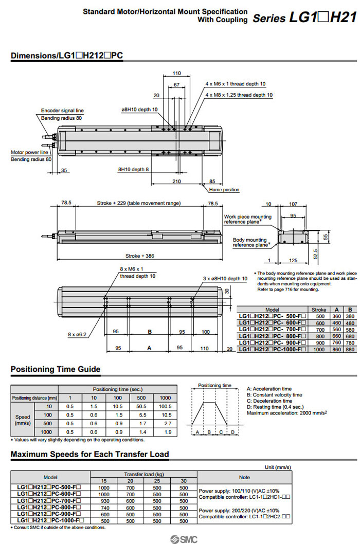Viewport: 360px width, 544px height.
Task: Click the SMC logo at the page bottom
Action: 181,538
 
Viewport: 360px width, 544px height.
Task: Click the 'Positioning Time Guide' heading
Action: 56,369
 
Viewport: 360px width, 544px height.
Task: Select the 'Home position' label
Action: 224,190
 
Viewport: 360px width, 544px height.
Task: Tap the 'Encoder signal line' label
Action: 62,111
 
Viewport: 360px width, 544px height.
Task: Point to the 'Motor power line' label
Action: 30,152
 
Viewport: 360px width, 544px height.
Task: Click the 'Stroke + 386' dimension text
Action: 140,256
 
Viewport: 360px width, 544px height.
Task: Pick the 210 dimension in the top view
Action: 177,182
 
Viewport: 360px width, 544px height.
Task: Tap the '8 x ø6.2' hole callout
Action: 77,334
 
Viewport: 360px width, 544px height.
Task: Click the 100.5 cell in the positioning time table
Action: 165,407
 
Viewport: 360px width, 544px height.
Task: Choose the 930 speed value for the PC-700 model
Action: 104,500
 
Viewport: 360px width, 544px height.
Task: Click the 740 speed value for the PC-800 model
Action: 104,507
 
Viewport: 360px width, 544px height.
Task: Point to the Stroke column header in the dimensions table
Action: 319,310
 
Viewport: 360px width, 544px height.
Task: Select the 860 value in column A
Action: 337,350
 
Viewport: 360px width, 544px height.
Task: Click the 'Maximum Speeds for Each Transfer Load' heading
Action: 90,454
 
